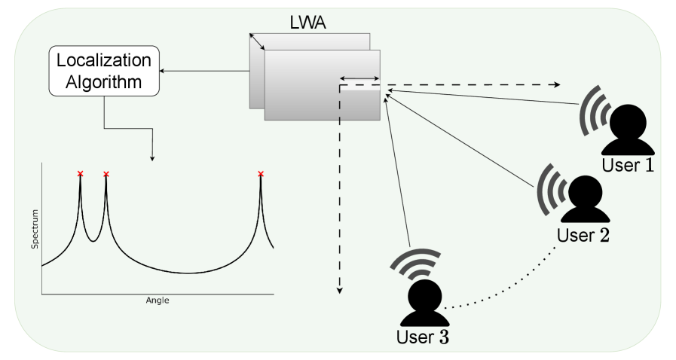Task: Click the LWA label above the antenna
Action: point(308,22)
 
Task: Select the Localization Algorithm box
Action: point(104,71)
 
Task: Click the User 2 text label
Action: point(583,234)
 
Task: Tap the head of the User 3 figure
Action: point(424,293)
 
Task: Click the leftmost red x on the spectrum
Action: point(80,174)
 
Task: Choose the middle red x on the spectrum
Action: point(106,175)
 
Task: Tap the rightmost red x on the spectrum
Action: point(261,174)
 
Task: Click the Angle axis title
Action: point(158,300)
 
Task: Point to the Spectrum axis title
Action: point(34,230)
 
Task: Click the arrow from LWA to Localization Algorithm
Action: point(203,72)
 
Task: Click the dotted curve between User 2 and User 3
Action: point(512,292)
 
